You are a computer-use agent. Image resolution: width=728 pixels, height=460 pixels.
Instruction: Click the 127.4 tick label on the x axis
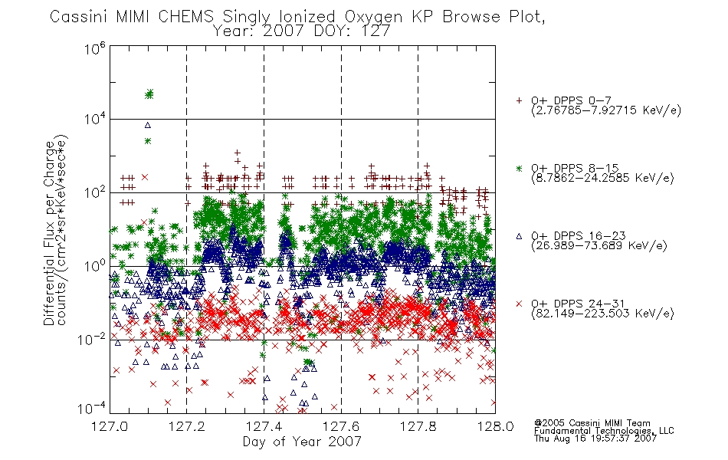click(264, 426)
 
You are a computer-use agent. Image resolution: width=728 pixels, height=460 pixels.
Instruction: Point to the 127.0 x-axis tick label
click(110, 426)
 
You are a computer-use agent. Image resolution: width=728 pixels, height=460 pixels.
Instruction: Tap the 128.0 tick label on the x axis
click(495, 426)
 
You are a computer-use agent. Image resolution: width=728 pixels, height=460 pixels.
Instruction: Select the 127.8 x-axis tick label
click(418, 426)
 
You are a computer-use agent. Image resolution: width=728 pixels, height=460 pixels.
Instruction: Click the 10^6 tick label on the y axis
click(95, 48)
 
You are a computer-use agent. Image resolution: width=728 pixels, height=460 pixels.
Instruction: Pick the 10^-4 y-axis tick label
click(91, 408)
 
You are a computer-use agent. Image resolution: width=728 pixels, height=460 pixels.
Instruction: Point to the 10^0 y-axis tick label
click(95, 266)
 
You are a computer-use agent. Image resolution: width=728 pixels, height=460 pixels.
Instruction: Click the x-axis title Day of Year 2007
click(302, 441)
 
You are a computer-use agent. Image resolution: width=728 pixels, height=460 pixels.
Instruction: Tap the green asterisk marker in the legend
click(519, 168)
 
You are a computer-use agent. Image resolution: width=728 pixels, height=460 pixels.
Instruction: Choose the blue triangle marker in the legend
click(519, 236)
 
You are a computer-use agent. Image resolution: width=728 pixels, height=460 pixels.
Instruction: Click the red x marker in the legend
click(519, 304)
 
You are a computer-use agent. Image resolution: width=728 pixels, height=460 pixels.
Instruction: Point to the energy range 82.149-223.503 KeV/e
click(602, 314)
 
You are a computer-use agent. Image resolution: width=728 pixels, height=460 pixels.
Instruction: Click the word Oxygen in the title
click(374, 17)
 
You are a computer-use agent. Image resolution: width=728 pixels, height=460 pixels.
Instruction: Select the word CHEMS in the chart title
click(185, 17)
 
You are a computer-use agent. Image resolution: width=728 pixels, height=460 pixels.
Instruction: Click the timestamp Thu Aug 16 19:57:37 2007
click(595, 438)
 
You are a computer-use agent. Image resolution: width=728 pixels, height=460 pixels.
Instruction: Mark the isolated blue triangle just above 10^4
click(148, 125)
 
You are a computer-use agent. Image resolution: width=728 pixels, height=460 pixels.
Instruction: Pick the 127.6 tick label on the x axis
click(341, 426)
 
